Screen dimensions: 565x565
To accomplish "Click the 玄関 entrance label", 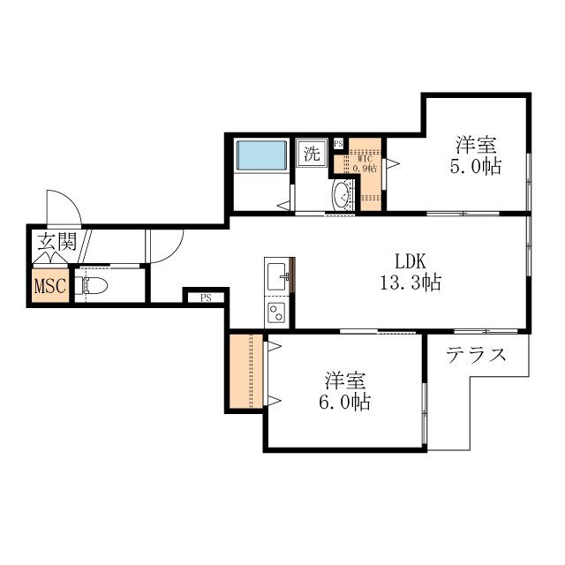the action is [57, 242].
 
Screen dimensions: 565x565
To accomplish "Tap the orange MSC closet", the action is [50, 285].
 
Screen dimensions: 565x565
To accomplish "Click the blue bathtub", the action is [261, 155].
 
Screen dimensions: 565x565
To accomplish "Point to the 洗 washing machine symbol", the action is [312, 153].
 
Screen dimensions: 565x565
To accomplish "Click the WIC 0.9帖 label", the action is [365, 164].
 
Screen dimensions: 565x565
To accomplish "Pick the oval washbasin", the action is [342, 195].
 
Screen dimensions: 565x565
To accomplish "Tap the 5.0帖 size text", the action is [475, 167].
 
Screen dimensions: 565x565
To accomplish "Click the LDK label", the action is [411, 261].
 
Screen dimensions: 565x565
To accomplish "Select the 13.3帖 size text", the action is [411, 282].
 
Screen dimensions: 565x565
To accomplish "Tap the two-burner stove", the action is [276, 312].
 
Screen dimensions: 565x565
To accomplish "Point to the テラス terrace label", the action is [477, 355].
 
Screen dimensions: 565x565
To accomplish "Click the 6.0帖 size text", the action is [344, 402].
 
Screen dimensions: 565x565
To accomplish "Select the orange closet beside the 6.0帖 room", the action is [246, 371].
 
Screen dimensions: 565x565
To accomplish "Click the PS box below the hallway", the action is [206, 298].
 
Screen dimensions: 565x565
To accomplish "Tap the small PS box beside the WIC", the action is [338, 144].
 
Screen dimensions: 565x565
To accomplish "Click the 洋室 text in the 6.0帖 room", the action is [345, 380].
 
